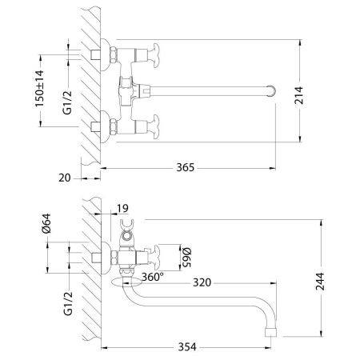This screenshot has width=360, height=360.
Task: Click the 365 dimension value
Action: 186,168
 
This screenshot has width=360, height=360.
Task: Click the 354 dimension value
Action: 186,346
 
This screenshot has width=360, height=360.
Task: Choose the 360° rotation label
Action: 153,277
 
